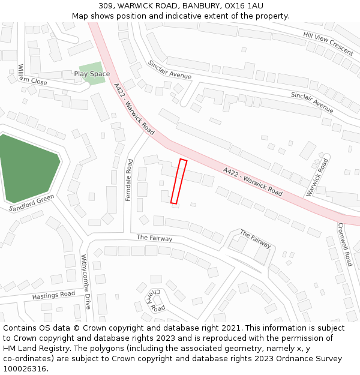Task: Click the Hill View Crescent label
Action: pyautogui.click(x=328, y=44)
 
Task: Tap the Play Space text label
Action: pyautogui.click(x=92, y=74)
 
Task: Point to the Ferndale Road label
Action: pyautogui.click(x=129, y=179)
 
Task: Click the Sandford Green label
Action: pyautogui.click(x=32, y=203)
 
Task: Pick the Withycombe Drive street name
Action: pyautogui.click(x=86, y=281)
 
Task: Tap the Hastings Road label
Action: pyautogui.click(x=53, y=295)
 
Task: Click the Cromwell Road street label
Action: pyautogui.click(x=344, y=245)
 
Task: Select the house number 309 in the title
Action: pyautogui.click(x=107, y=5)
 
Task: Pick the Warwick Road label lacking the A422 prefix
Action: pyautogui.click(x=317, y=177)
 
